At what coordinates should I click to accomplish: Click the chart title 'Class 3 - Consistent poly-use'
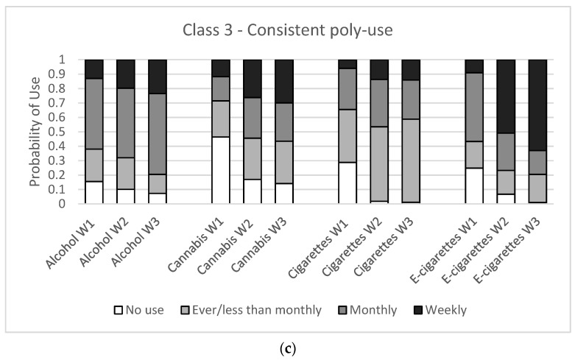pos(287,30)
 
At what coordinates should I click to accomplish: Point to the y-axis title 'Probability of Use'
pos(35,132)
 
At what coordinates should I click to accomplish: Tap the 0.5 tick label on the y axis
pos(57,132)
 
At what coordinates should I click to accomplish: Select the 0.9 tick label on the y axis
pos(57,74)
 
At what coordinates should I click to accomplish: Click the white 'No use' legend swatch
pos(118,311)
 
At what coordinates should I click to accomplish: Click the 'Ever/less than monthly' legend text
pos(257,310)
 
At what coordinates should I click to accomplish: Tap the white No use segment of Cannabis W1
pos(221,170)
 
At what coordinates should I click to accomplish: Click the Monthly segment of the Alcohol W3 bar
pos(158,134)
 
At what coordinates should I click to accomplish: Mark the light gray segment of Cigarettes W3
pos(411,160)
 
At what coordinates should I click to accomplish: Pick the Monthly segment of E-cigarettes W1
pos(474,107)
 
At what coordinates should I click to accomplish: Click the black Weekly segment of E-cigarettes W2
pos(506,96)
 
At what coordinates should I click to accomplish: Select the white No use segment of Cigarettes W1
pos(348,183)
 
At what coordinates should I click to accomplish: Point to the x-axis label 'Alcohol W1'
pos(70,243)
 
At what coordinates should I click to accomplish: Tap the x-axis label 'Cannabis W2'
pos(225,246)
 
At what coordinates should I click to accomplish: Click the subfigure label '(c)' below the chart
pos(287,349)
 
